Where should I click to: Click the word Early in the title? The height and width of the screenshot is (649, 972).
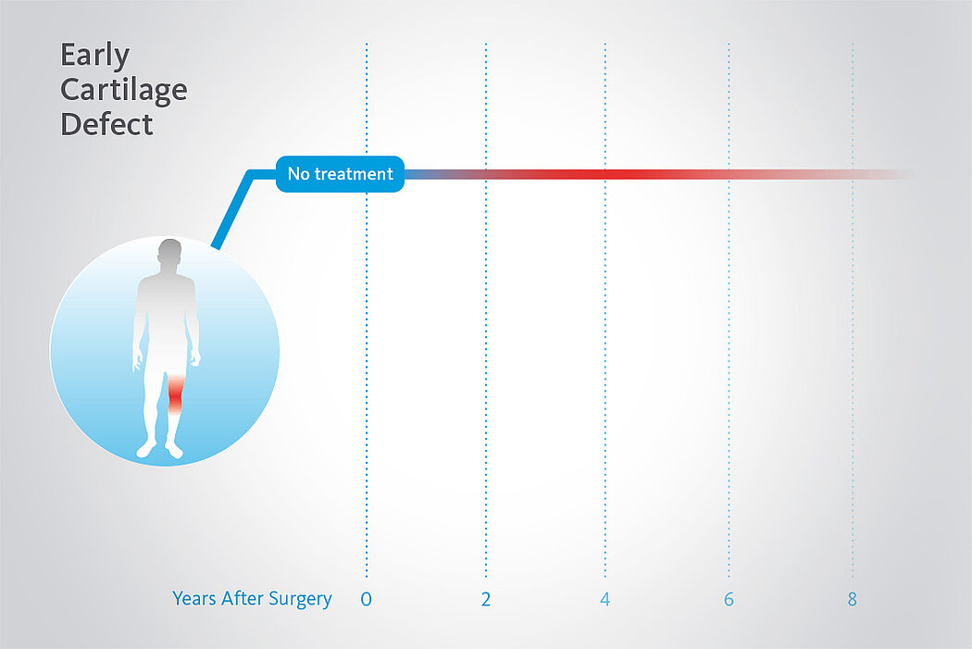[94, 56]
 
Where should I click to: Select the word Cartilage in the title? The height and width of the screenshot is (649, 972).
[124, 91]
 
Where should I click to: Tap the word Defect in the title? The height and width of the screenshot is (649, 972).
[106, 124]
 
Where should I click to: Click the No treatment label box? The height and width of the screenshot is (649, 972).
[340, 174]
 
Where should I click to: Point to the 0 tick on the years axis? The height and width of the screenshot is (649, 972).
[367, 599]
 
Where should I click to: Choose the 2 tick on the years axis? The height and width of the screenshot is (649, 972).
[486, 599]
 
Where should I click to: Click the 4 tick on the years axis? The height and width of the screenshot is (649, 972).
[605, 599]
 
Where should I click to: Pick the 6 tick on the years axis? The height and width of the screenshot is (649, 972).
[729, 599]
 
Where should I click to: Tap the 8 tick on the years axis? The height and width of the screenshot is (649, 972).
[853, 599]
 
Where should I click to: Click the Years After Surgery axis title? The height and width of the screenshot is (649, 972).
[253, 599]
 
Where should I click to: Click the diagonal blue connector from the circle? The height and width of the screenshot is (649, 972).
[232, 209]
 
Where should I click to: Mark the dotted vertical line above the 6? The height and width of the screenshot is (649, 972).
[729, 310]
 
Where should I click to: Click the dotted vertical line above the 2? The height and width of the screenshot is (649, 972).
[486, 310]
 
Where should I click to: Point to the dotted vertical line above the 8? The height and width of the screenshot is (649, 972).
[853, 310]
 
